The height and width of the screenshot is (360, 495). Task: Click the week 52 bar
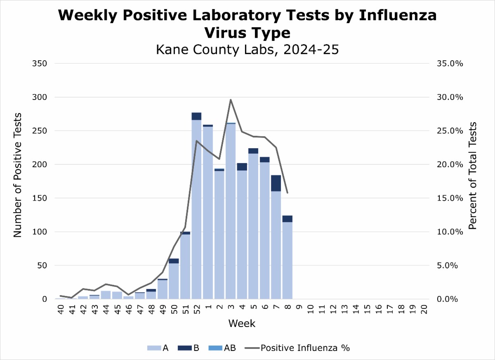click(196, 206)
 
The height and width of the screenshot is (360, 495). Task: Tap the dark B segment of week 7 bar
click(276, 183)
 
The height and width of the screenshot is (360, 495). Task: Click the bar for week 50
click(174, 281)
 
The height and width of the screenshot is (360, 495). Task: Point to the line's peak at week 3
click(231, 99)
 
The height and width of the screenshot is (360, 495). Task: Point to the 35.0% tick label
click(446, 64)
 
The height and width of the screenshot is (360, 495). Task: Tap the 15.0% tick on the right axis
click(446, 198)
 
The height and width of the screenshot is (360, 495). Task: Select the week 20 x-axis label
click(424, 309)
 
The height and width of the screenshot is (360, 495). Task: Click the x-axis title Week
click(242, 323)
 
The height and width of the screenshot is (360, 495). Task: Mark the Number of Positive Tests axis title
click(17, 181)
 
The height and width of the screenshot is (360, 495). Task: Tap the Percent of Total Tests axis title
click(473, 175)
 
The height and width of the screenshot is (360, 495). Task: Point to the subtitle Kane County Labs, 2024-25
click(247, 50)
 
